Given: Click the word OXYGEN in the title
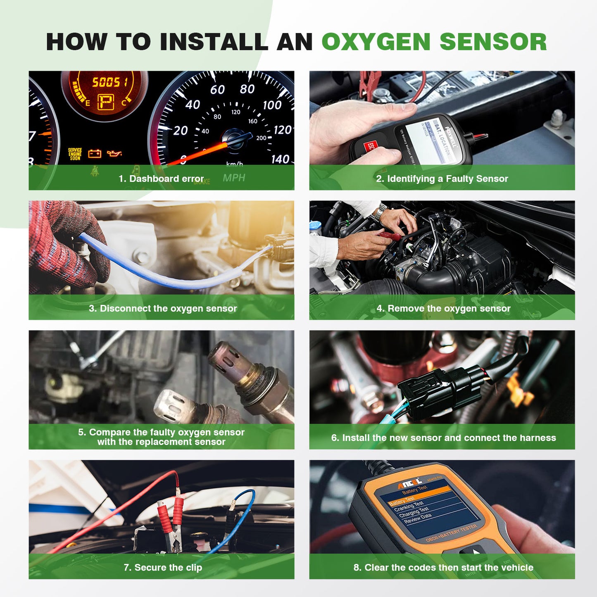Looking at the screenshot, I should pos(376,42).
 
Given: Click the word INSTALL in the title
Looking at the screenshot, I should pos(214,42).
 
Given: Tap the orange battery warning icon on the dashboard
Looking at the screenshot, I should pos(95,154).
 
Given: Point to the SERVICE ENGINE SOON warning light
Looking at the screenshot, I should pos(75,154).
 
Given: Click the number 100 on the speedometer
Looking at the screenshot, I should pos(272,105).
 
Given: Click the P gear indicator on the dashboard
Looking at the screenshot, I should pos(105,102).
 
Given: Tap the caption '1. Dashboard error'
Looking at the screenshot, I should pos(161,178).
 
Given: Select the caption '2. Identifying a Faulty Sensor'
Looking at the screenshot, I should pos(442,178).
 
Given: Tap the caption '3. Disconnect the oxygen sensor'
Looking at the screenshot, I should pos(163,308).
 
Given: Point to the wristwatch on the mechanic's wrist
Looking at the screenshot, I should pos(379,213).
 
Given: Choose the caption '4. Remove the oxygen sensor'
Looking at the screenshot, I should pos(443,308).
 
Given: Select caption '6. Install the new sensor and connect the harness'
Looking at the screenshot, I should pos(443,438).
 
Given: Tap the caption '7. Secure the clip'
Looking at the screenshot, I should pos(163,567).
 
